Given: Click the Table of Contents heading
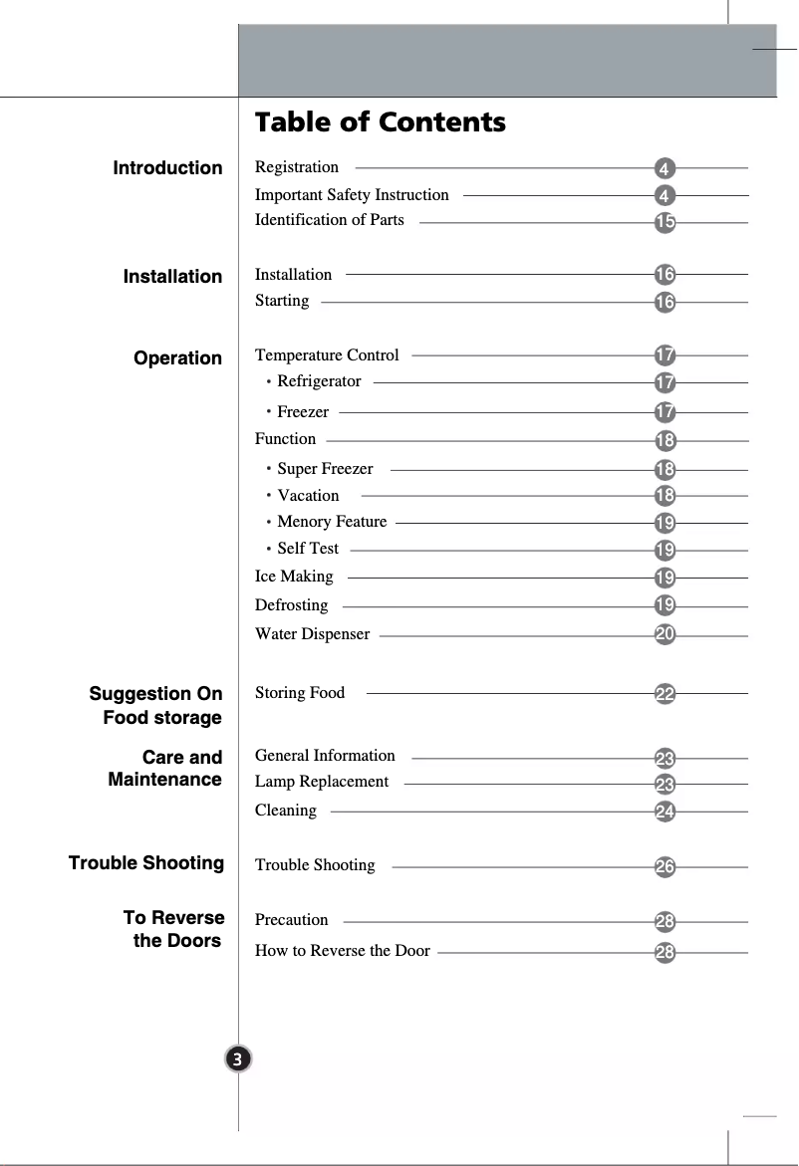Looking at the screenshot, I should tap(380, 122).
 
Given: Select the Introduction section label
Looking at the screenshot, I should tap(167, 168).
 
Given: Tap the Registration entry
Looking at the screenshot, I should tap(297, 167).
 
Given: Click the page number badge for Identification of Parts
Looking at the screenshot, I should tap(665, 222).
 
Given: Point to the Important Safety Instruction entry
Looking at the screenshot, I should tap(352, 195).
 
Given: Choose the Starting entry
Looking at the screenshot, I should tap(282, 301).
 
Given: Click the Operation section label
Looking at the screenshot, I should tap(177, 358).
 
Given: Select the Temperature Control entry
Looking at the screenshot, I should tap(327, 355).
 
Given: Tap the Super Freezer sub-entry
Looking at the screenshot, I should tap(325, 469).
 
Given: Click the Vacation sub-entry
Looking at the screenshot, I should tap(308, 496).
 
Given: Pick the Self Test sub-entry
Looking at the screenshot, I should tap(308, 549).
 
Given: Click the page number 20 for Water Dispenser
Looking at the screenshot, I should tap(665, 634).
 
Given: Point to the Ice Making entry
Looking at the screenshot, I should tap(294, 577).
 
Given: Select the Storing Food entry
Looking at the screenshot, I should tap(300, 693).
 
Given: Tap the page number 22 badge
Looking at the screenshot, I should tap(665, 694).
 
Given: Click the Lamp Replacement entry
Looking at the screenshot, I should tap(322, 782).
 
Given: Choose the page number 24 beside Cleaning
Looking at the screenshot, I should tap(665, 812).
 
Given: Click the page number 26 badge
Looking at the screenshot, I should tap(665, 867).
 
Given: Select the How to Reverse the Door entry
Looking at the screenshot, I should tap(343, 951).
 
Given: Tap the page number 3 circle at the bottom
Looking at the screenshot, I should tap(238, 1058).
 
